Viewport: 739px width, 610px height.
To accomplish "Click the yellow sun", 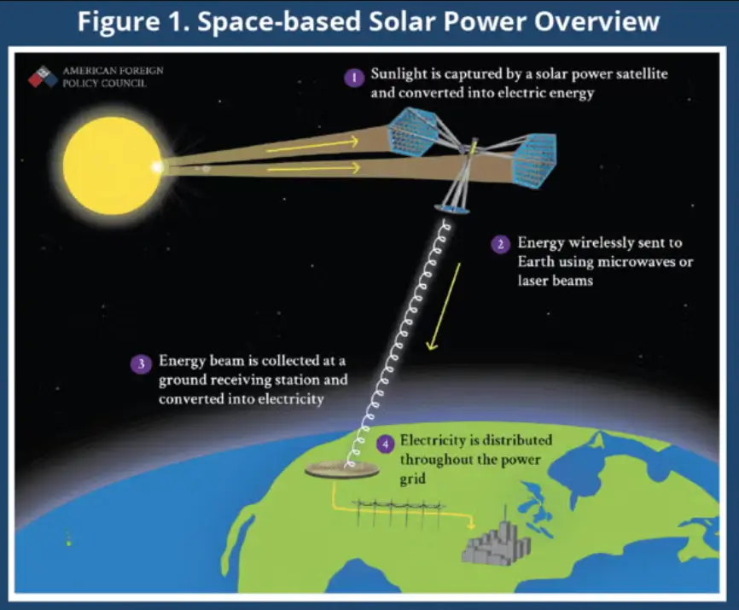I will [112, 166].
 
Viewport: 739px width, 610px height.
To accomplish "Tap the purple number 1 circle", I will [352, 78].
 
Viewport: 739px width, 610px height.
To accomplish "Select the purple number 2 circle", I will [500, 244].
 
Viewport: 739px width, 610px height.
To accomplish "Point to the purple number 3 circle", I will [140, 363].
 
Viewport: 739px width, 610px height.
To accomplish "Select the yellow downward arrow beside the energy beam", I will [445, 306].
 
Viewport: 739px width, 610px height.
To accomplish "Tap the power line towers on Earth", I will [401, 514].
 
